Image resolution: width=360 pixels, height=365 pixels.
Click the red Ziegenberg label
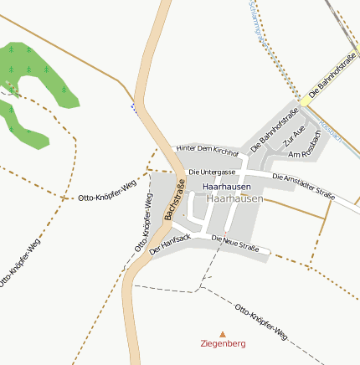pos(222,343)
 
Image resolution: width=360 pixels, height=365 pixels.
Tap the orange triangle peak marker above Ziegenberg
pos(222,333)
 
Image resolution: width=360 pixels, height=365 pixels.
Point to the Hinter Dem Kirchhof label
pos(208,151)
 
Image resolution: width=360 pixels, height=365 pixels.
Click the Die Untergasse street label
pos(212,172)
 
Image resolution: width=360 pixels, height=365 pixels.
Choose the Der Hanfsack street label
pos(170,244)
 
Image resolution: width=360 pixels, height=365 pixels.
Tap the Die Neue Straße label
pos(235,244)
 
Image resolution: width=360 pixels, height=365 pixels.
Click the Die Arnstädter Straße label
pos(304,185)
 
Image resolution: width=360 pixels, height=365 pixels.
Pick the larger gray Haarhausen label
pos(234,199)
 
